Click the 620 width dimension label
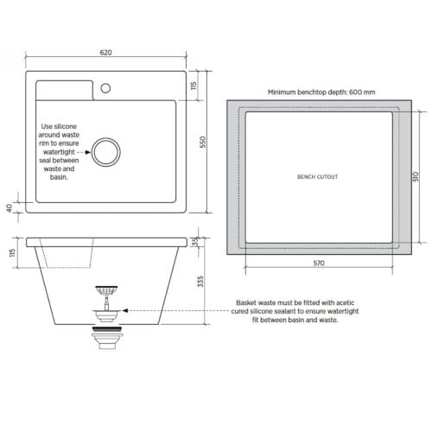(106, 53)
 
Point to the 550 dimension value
(204, 143)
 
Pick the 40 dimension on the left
(9, 207)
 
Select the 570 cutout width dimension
(317, 263)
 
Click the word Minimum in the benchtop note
(284, 91)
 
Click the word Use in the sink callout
(49, 126)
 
